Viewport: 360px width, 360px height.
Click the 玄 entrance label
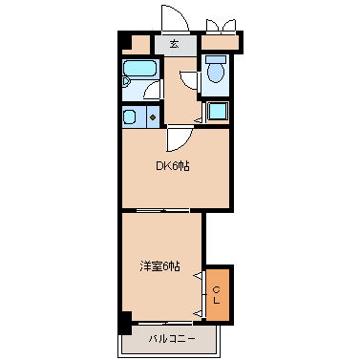point(174,43)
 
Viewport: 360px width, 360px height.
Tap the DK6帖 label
point(173,166)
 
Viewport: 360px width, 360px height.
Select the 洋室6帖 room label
point(159,266)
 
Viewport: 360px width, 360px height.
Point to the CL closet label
point(217,294)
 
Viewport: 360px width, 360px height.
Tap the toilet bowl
point(216,73)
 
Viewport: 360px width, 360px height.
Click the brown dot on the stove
point(152,118)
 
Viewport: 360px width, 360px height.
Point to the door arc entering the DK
point(177,139)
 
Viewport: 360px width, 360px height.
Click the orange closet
point(218,293)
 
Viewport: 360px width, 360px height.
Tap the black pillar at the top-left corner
point(125,40)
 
